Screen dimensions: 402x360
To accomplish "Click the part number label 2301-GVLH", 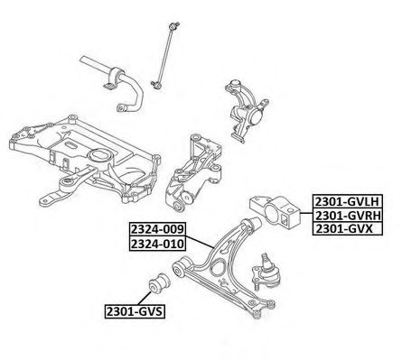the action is [x=348, y=201].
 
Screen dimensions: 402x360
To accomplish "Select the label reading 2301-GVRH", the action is [x=348, y=215].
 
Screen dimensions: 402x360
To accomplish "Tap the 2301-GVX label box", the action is [x=348, y=229].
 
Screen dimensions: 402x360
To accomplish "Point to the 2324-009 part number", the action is [x=157, y=229].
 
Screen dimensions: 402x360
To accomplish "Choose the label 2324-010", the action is [x=157, y=244].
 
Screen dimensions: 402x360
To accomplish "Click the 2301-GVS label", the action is [x=135, y=311].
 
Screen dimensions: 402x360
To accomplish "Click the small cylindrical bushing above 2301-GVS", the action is [x=160, y=283].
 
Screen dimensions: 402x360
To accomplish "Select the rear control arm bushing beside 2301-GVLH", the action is [x=276, y=212].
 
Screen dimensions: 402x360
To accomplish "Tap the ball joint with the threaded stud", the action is [x=266, y=272].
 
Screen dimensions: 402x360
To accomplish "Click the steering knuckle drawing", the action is [x=246, y=111].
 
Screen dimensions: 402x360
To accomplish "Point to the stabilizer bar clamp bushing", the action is [x=114, y=78].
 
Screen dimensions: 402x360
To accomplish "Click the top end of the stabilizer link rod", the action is [x=173, y=26].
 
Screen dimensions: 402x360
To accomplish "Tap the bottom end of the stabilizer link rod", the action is [x=156, y=85].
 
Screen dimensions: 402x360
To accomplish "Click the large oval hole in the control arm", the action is [x=218, y=266].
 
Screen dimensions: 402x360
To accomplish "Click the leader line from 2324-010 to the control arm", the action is [x=199, y=243].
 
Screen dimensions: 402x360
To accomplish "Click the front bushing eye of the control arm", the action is [x=179, y=269].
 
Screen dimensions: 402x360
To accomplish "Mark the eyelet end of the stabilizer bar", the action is [x=121, y=108].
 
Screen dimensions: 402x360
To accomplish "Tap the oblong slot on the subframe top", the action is [x=71, y=145].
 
